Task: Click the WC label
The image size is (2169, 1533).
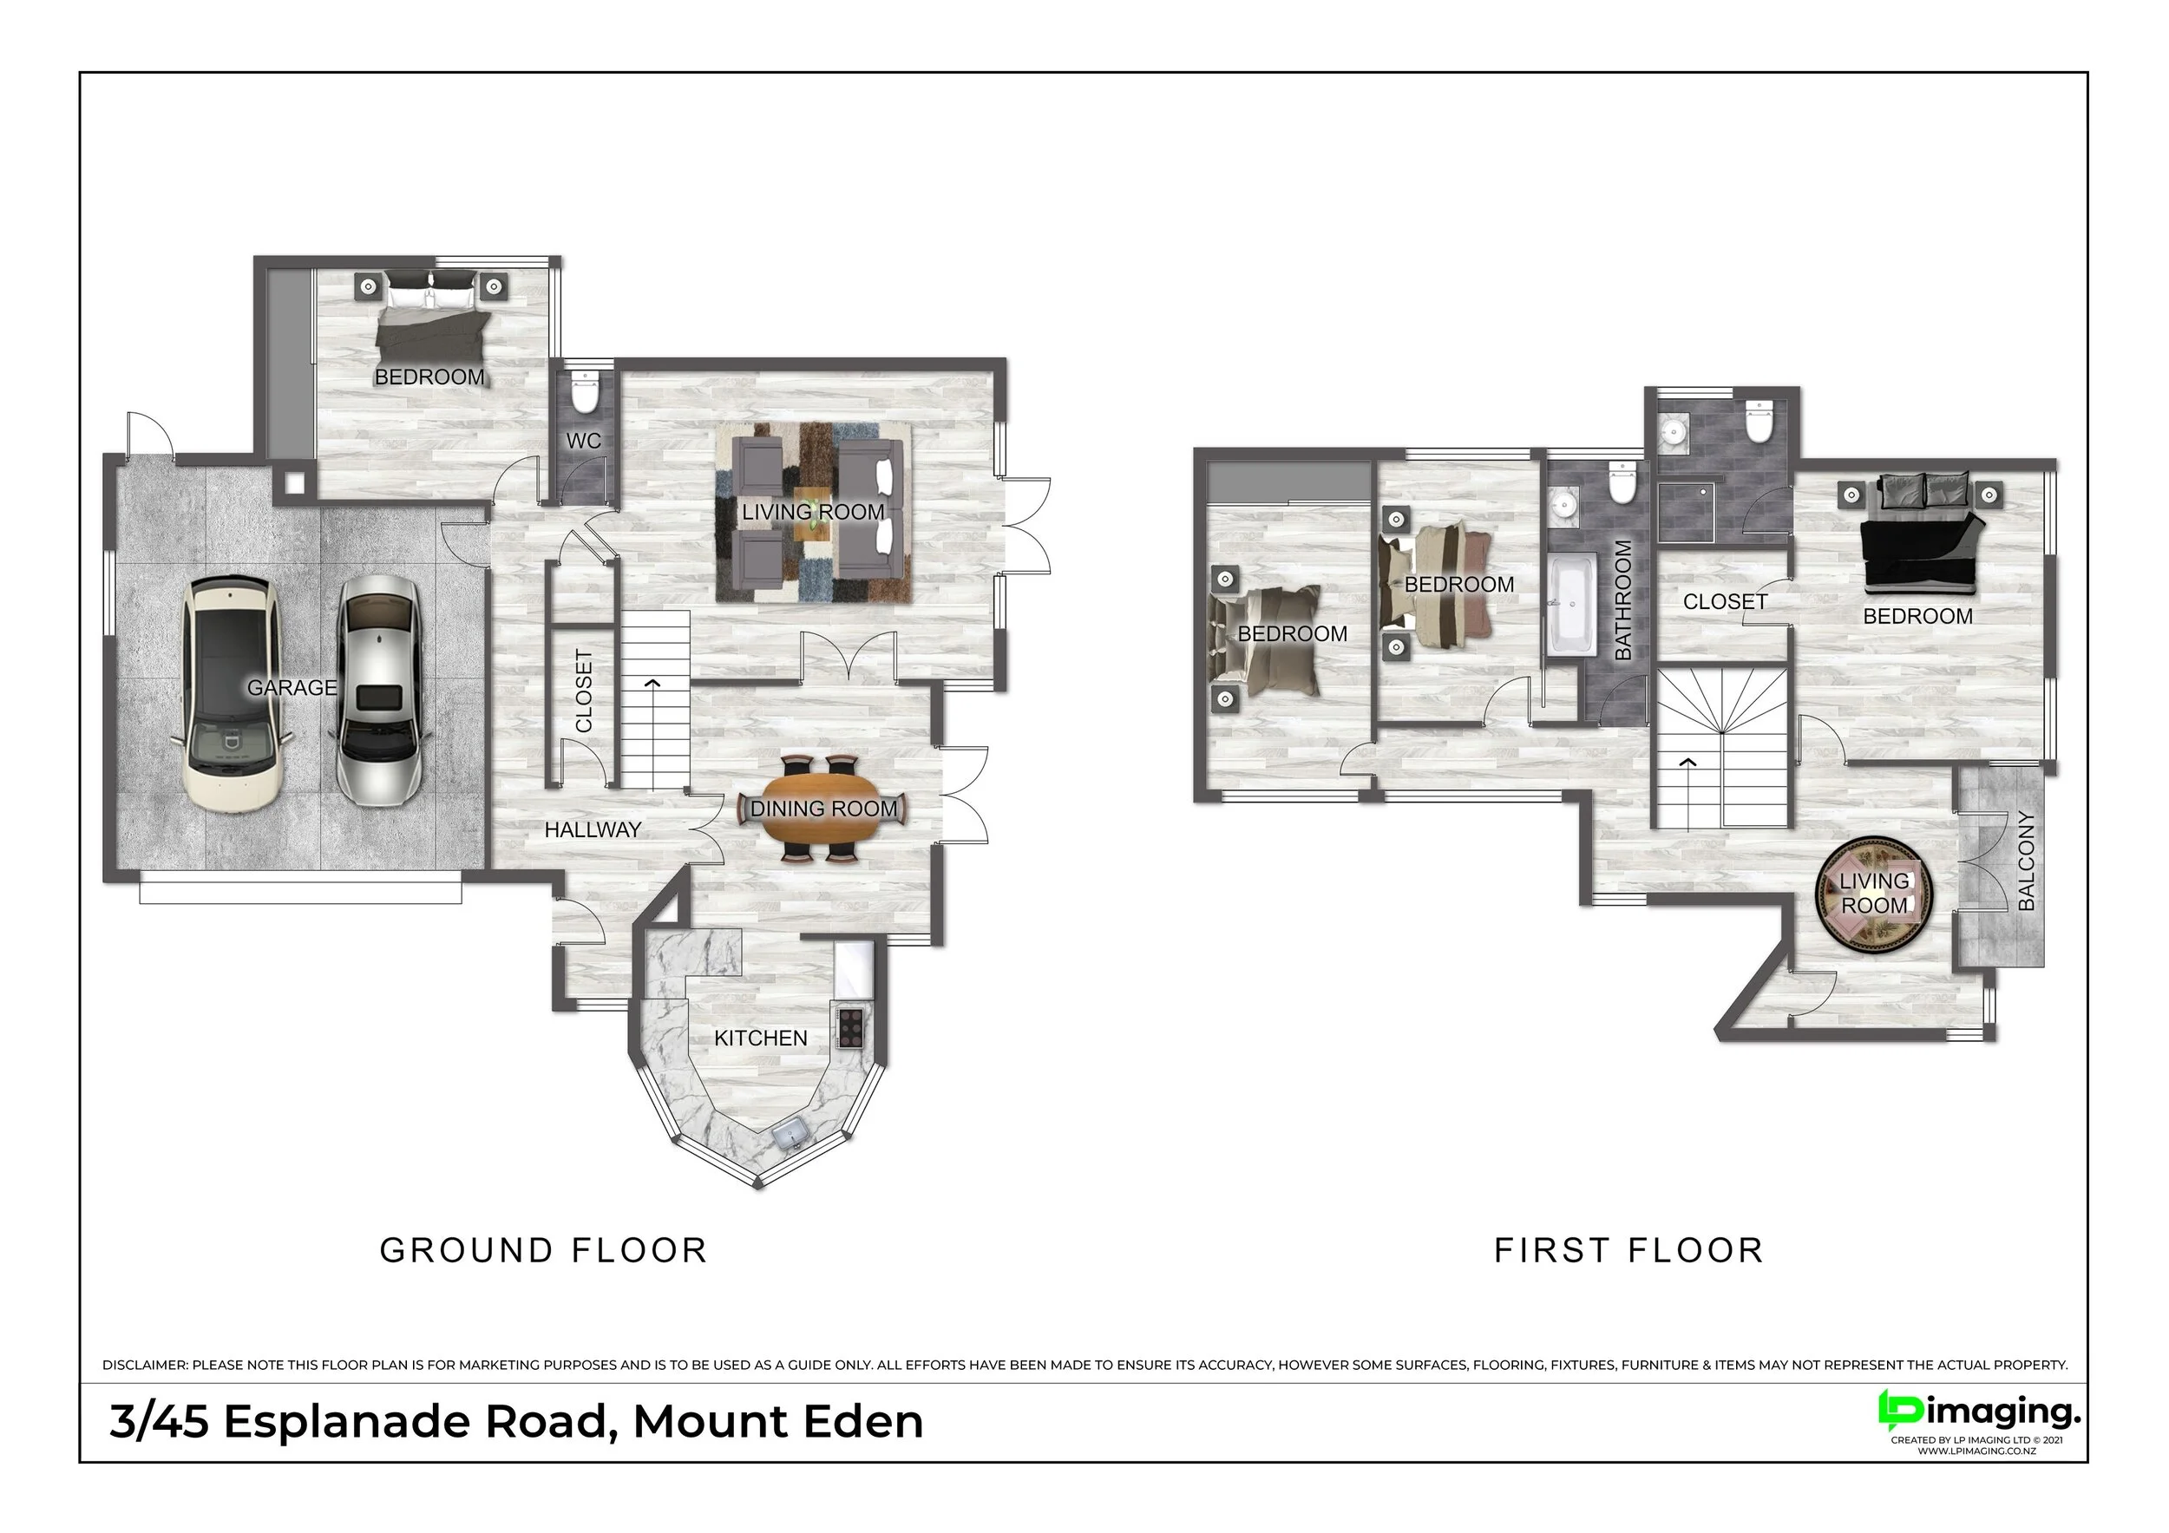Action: (584, 441)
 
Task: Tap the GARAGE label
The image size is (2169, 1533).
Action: (292, 688)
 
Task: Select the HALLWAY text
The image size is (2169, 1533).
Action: (593, 829)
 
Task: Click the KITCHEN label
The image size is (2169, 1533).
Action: (761, 1038)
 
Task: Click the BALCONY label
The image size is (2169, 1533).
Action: (2025, 861)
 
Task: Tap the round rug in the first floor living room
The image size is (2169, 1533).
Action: (1875, 894)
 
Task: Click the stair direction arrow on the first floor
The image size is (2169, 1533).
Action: (1687, 762)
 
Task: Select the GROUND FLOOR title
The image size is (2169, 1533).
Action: (543, 1249)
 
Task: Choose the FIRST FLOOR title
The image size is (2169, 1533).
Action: (1628, 1249)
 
